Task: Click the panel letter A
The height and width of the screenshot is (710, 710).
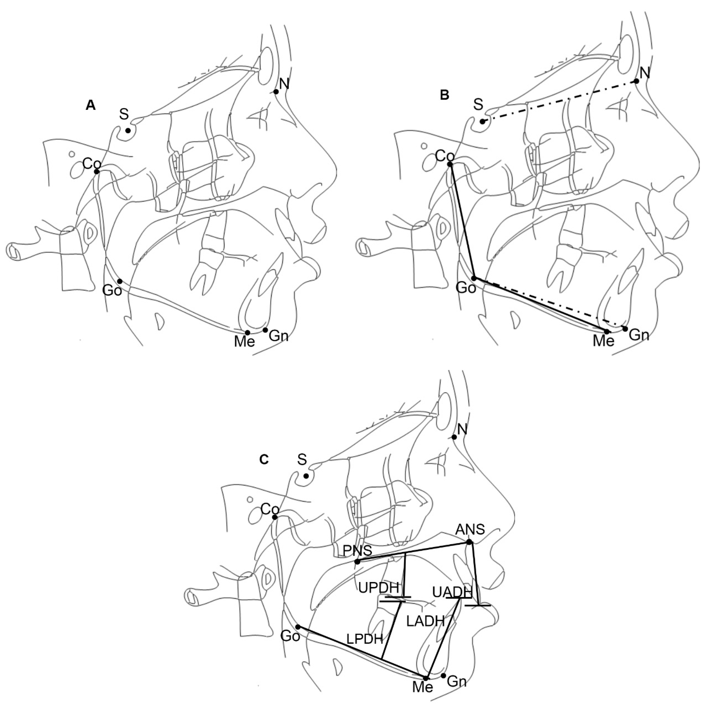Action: [90, 106]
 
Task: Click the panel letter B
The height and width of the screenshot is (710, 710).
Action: [444, 95]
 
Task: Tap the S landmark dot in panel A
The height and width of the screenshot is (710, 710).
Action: [128, 131]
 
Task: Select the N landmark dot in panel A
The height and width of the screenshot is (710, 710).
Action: [276, 92]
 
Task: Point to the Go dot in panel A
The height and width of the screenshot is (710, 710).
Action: [120, 281]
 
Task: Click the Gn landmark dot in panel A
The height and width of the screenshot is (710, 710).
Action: [265, 330]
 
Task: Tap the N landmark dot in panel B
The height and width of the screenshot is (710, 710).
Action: [636, 81]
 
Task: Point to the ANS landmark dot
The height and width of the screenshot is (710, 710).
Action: [469, 542]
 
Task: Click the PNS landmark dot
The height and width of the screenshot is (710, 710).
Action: [357, 561]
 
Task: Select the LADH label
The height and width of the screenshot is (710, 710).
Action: [426, 621]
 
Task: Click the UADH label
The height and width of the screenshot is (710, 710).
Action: [452, 592]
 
